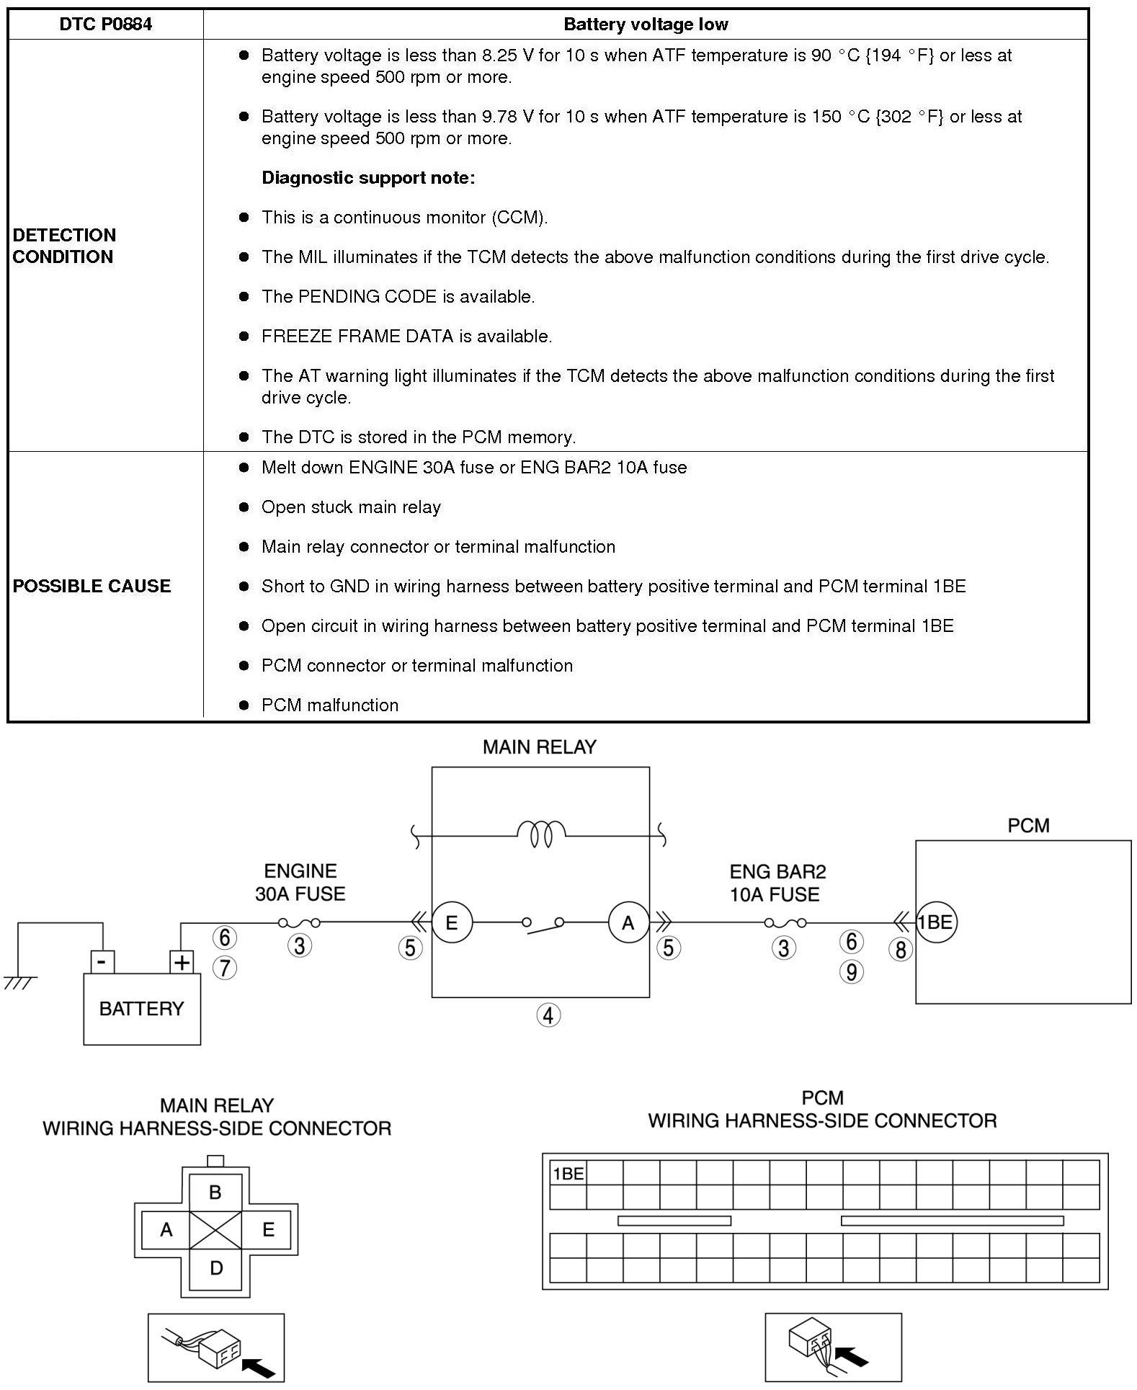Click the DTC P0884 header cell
pyautogui.click(x=105, y=24)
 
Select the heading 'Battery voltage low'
pyautogui.click(x=645, y=24)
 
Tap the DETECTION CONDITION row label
pyautogui.click(x=64, y=246)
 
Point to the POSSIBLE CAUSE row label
pyautogui.click(x=92, y=586)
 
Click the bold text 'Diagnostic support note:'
pyautogui.click(x=368, y=178)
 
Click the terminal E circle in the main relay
pyautogui.click(x=452, y=923)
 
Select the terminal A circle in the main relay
pyautogui.click(x=628, y=923)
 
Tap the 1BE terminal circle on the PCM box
pyautogui.click(x=935, y=922)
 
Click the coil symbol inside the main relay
pyautogui.click(x=541, y=834)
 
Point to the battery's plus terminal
pyautogui.click(x=182, y=962)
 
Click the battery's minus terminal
pyautogui.click(x=102, y=962)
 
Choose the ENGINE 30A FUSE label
pyautogui.click(x=300, y=883)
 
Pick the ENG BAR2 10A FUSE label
pyautogui.click(x=776, y=883)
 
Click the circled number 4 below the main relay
pyautogui.click(x=548, y=1015)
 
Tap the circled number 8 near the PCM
pyautogui.click(x=900, y=949)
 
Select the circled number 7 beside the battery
pyautogui.click(x=225, y=967)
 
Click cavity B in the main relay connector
pyautogui.click(x=215, y=1193)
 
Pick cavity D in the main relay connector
pyautogui.click(x=215, y=1268)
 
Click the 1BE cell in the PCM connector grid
pyautogui.click(x=568, y=1174)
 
